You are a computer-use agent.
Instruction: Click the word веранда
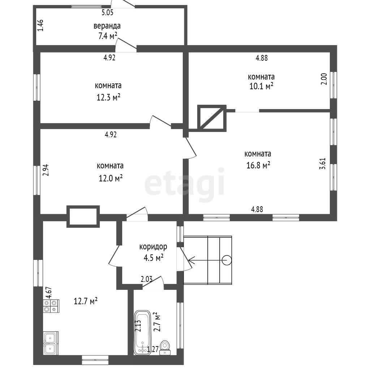[x=107, y=26]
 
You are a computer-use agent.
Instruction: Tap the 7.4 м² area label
[x=108, y=36]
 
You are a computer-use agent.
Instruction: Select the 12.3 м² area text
[x=108, y=97]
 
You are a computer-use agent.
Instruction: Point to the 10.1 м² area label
[x=261, y=86]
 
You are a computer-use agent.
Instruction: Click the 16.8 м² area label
[x=258, y=165]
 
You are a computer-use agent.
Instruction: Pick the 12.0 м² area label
[x=111, y=178]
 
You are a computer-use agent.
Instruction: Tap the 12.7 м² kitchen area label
[x=86, y=301]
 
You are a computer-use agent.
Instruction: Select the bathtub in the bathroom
[x=142, y=332]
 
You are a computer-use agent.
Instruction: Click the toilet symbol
[x=165, y=348]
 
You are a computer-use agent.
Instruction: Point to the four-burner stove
[x=51, y=306]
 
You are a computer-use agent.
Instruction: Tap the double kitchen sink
[x=51, y=343]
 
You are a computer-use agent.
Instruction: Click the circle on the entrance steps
[x=227, y=260]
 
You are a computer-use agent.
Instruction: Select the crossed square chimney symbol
[x=212, y=118]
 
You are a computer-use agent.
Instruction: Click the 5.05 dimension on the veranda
[x=107, y=13]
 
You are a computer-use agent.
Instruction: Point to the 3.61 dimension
[x=323, y=163]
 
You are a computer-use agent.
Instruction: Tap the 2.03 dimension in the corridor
[x=147, y=279]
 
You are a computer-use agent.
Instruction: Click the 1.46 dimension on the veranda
[x=40, y=25]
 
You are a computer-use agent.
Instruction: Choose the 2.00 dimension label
[x=324, y=79]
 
